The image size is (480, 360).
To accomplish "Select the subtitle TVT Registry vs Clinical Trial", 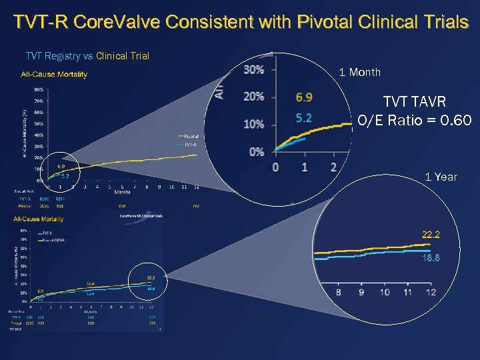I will (x=87, y=56).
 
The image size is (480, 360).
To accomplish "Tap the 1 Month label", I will (x=360, y=72).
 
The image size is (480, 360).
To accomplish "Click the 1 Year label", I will (x=441, y=177).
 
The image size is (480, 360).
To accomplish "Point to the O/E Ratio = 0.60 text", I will (x=414, y=121).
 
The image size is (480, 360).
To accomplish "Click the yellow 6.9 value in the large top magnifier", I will (x=303, y=97).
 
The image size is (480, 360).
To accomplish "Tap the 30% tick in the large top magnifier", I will (x=254, y=69).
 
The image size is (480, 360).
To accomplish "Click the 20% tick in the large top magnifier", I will (x=254, y=97).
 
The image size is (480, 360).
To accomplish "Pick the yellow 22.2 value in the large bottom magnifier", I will (x=431, y=234).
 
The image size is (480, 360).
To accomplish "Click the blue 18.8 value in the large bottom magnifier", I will (x=431, y=258).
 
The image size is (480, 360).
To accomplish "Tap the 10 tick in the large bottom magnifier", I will (x=385, y=292).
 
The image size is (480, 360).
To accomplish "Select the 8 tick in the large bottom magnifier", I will (x=339, y=292).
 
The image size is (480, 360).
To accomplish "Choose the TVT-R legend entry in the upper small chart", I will (x=190, y=143).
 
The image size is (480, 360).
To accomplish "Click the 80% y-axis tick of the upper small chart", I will (x=39, y=89).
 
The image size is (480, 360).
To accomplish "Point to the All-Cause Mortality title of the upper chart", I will (x=54, y=75).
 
